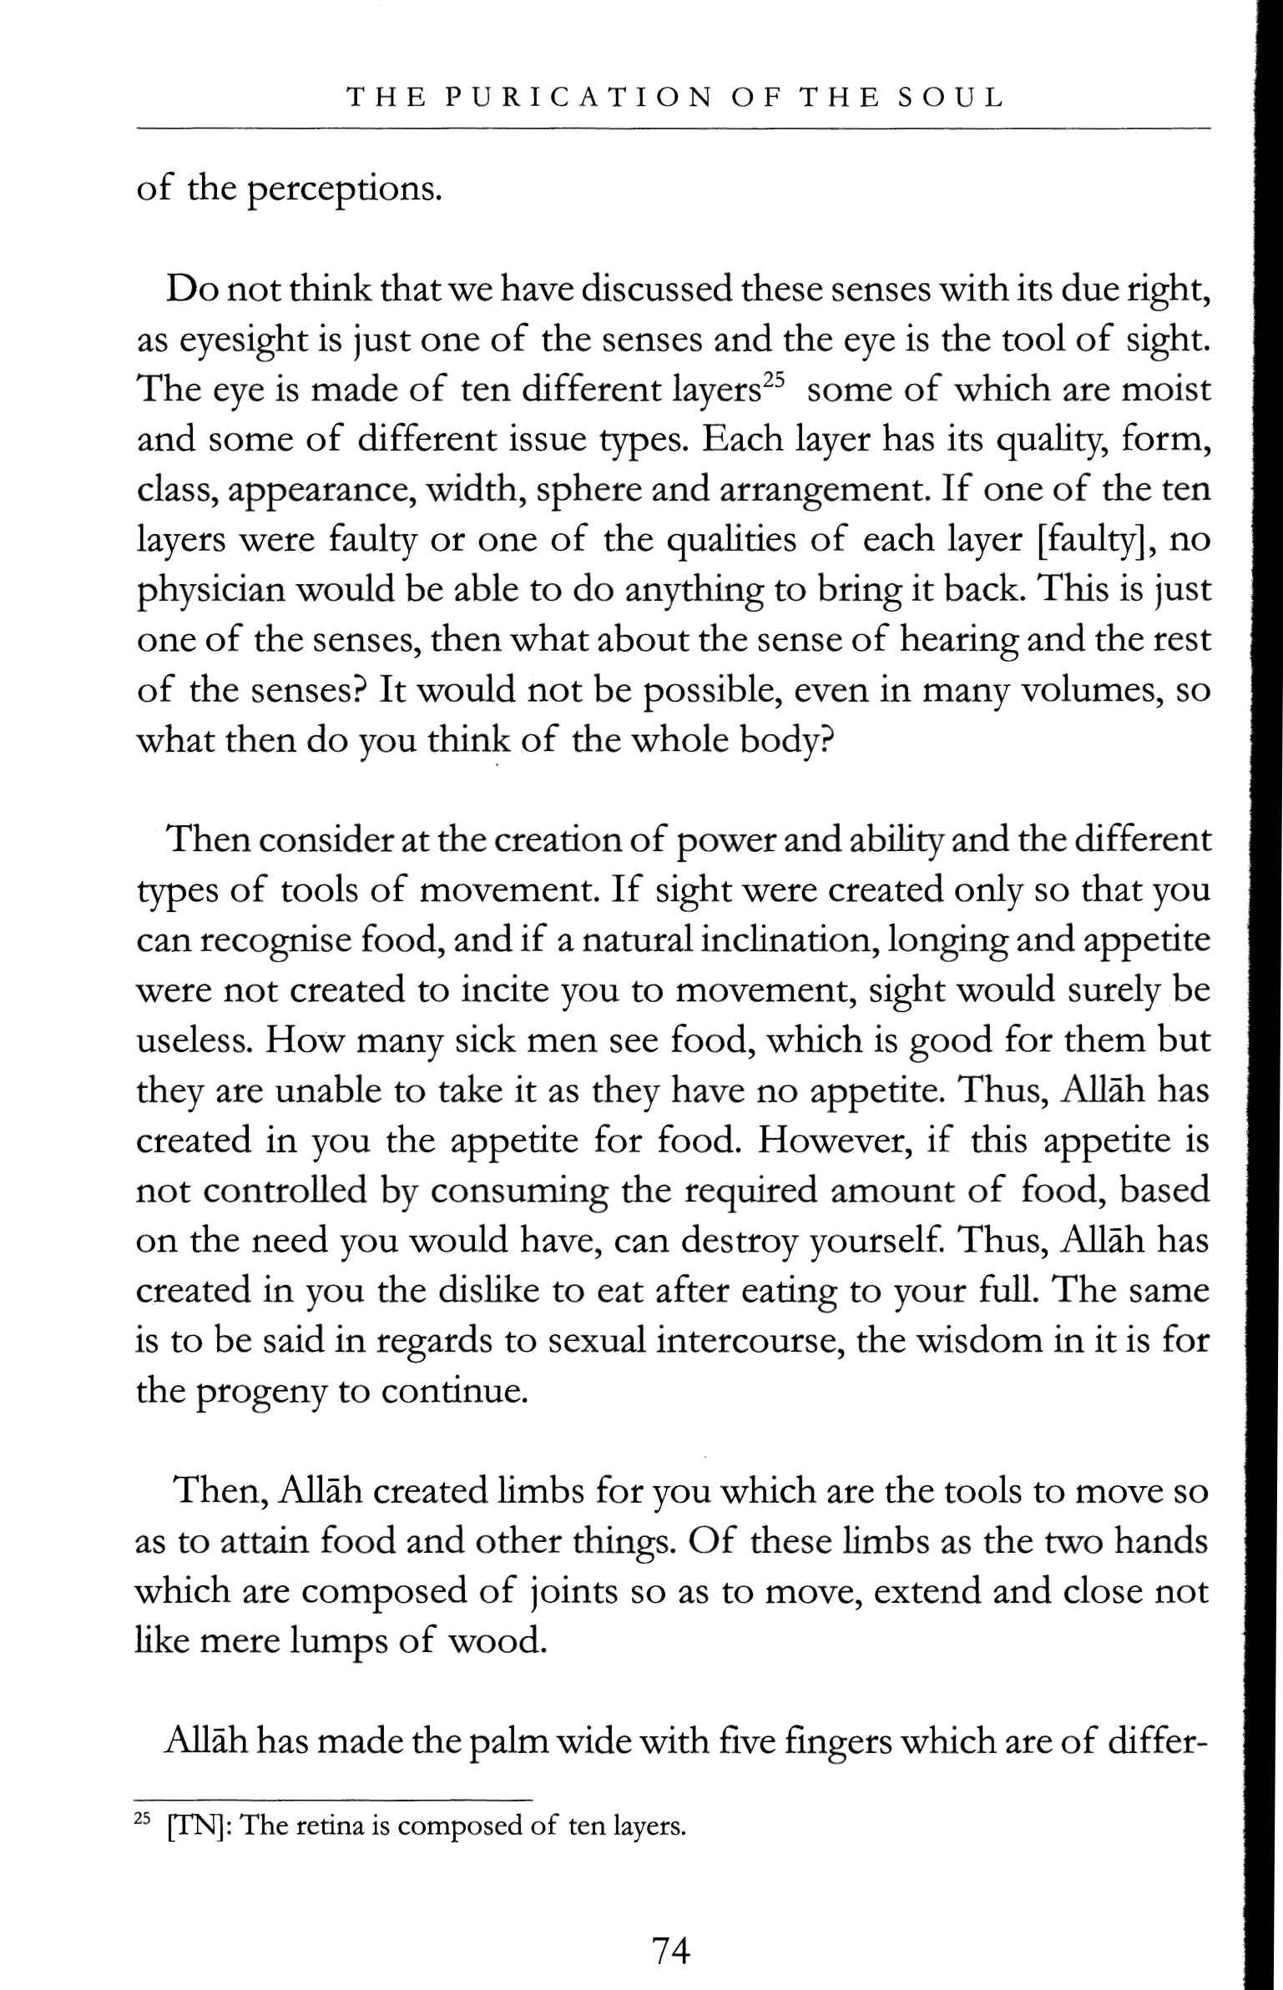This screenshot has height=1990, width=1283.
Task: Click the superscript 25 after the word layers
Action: tap(774, 380)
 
